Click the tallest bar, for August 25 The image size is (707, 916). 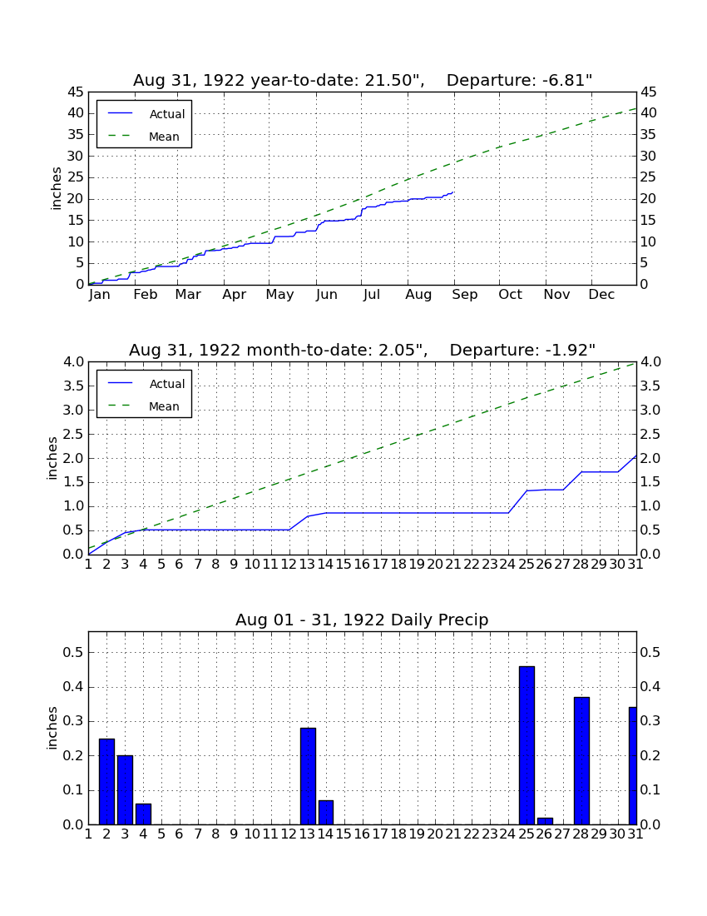(527, 745)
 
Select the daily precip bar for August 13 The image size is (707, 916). (308, 776)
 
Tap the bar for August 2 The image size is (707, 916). (106, 782)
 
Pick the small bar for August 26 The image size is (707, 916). (545, 821)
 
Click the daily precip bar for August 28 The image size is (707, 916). (581, 760)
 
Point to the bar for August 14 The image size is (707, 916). (326, 813)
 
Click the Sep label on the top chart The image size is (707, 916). (464, 295)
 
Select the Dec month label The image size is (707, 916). (601, 295)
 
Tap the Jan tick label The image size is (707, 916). (99, 295)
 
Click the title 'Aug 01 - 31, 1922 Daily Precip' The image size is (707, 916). (362, 620)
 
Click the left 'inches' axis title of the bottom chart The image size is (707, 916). (52, 728)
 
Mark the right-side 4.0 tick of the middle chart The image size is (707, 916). (650, 362)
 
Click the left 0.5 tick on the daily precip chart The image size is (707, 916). (73, 652)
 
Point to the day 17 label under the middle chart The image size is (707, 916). (380, 565)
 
